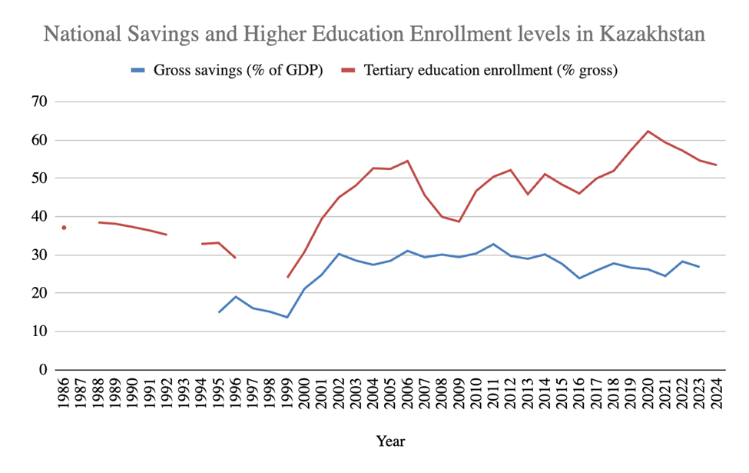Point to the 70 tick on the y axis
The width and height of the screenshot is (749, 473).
[x=38, y=102]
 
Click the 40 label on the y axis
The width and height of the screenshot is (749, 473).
[x=38, y=217]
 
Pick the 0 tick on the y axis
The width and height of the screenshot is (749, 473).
[x=43, y=370]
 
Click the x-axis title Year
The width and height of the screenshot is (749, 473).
[x=390, y=441]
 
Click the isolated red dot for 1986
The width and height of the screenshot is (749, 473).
[x=65, y=228]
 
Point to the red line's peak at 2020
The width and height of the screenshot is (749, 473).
[x=648, y=132]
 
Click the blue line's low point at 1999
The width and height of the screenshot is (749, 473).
[x=287, y=317]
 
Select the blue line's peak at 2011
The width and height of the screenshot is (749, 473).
[x=493, y=244]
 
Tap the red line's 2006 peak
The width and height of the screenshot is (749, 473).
[x=407, y=161]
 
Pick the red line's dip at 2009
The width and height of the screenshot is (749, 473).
[x=459, y=222]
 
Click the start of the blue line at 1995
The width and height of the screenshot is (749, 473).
[x=219, y=312]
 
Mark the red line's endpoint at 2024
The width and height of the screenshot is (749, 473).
[x=717, y=165]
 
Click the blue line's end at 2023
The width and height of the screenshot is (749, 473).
[x=699, y=267]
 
